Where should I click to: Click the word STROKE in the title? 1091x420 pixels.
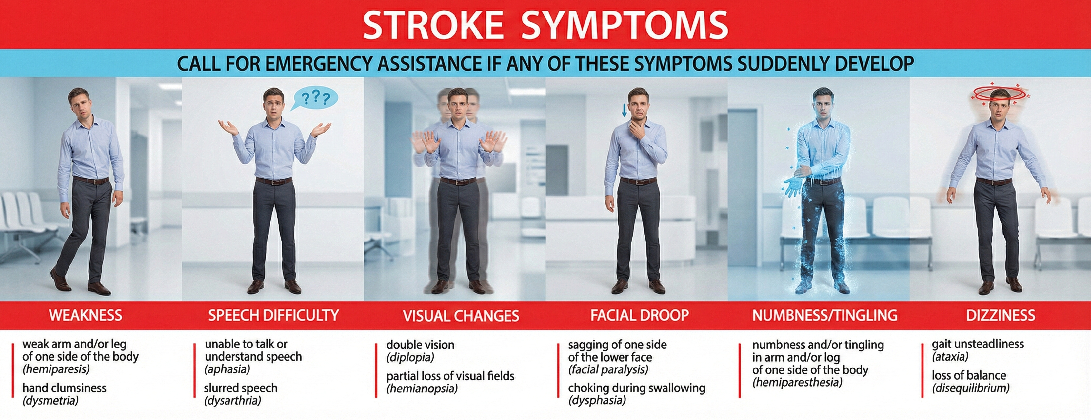point(432,25)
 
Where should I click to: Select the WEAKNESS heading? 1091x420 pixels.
point(86,315)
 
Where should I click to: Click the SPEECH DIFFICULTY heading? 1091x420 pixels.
point(273,315)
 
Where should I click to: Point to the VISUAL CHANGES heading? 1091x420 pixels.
point(461,316)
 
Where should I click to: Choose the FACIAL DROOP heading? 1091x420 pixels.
point(640,315)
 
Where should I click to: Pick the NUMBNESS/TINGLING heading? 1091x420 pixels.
point(824,315)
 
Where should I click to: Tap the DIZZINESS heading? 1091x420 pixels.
point(1001,315)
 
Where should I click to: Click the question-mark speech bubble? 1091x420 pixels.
point(315,98)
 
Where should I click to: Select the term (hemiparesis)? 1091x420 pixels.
point(56,369)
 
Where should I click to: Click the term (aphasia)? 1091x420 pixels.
point(228,369)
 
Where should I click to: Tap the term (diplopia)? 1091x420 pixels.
point(410,357)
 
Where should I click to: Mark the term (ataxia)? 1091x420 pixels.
point(950,356)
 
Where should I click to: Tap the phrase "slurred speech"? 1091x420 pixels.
point(241,388)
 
